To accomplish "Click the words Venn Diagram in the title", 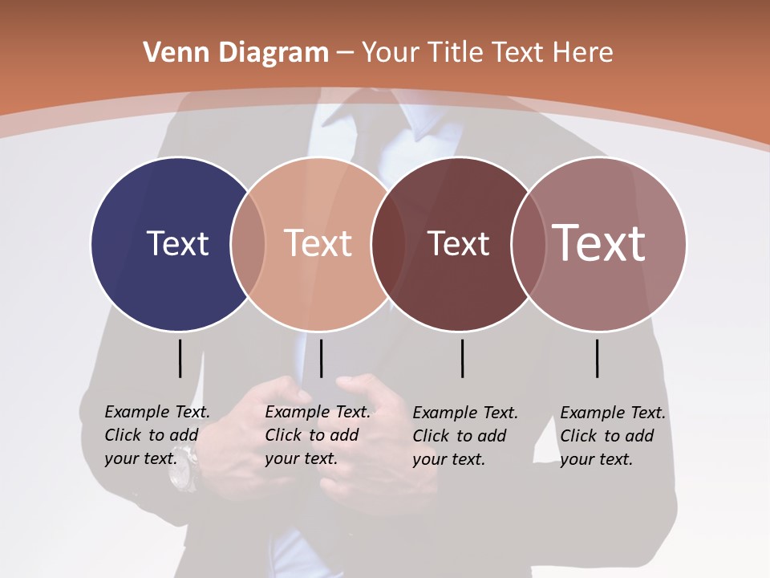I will (236, 53).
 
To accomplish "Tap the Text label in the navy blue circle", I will (177, 244).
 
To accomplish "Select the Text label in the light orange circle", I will (318, 244).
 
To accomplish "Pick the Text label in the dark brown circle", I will (458, 244).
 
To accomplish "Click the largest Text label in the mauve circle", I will (599, 243).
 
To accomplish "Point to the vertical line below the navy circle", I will (180, 358).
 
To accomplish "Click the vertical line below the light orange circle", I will (321, 358).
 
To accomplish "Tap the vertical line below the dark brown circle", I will (462, 358).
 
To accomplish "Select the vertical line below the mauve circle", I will (597, 358).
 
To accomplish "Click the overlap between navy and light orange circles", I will (248, 244).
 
